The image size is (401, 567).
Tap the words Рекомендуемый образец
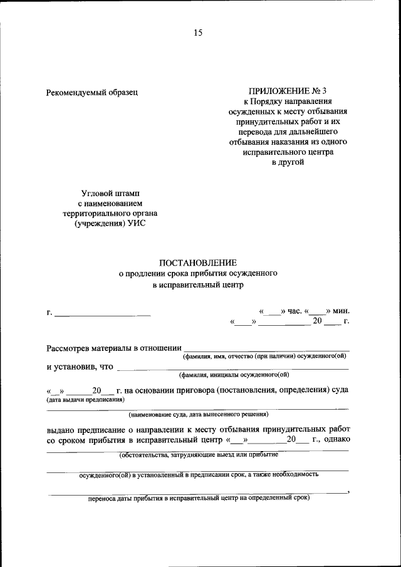coord(91,92)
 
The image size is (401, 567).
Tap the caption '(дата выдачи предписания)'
coord(85,399)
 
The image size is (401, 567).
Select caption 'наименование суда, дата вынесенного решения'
coord(199,414)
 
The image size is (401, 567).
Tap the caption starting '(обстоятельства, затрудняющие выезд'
coord(199,455)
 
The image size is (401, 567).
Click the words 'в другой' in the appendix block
coord(288,162)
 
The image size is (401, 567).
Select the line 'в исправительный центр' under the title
coord(198,285)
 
